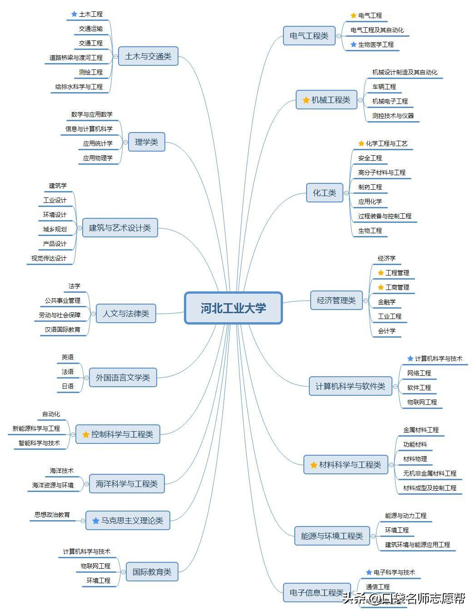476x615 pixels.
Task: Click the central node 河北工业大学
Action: click(233, 308)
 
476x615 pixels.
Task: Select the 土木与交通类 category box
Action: click(148, 56)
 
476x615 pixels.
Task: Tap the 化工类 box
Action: click(324, 193)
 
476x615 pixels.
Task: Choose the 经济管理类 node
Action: click(336, 300)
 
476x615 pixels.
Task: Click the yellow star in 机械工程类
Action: click(306, 100)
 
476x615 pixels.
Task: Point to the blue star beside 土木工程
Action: click(74, 14)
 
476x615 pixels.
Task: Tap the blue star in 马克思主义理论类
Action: click(95, 521)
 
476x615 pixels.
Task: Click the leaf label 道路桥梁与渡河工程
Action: click(76, 58)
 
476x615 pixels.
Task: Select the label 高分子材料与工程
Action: click(382, 172)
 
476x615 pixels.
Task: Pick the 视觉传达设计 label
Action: click(49, 258)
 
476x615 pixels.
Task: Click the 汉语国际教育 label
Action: click(63, 330)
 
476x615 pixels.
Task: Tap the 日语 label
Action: click(68, 386)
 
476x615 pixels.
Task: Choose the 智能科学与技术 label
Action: click(39, 443)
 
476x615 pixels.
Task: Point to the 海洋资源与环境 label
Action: click(53, 485)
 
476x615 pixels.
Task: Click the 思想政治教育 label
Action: click(52, 515)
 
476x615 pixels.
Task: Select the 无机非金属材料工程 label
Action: click(430, 473)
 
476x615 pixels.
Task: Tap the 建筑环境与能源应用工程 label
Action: click(417, 545)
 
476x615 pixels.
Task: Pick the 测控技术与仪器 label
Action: click(393, 116)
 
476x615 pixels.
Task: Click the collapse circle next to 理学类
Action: click(125, 143)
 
